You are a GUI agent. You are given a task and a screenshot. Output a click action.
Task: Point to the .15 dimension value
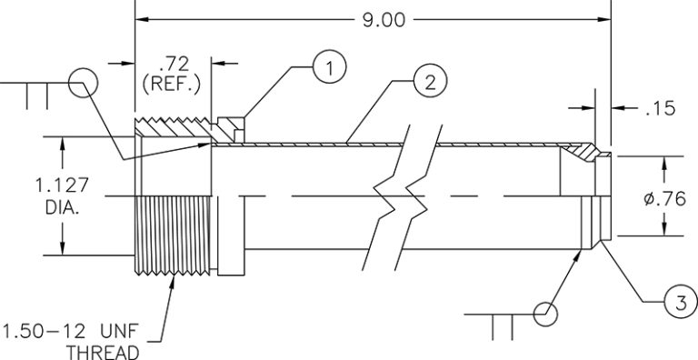655,109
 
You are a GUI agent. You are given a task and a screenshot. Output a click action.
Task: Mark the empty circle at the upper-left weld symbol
83,83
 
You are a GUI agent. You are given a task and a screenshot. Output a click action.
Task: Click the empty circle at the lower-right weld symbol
546,314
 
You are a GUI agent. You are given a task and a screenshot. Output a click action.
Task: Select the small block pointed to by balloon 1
234,127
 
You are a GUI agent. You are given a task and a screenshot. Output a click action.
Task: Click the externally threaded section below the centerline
173,236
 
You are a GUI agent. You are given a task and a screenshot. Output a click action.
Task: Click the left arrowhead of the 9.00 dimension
141,19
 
